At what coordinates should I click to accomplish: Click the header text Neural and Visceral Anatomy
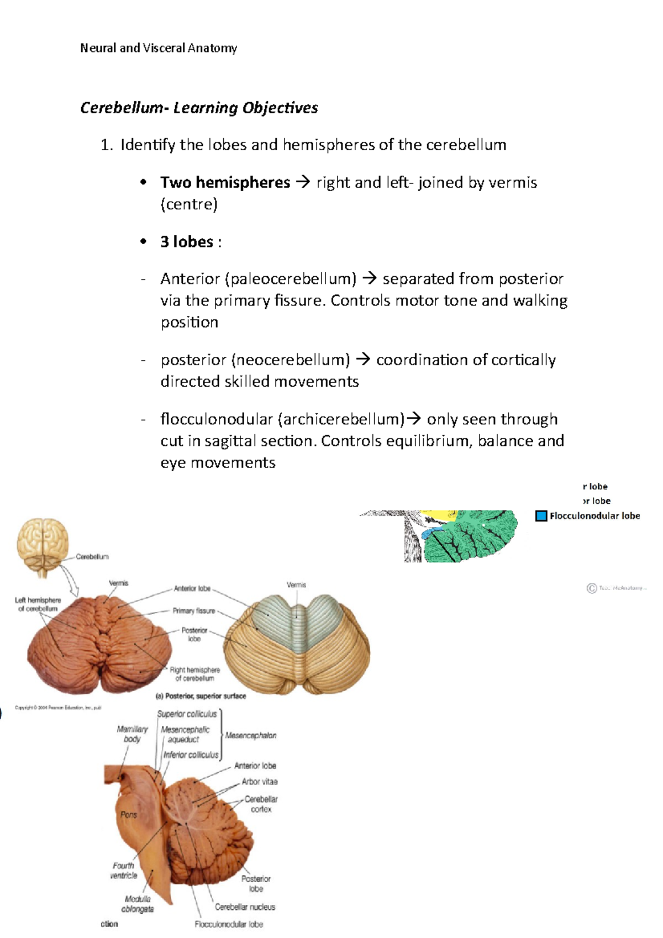coord(159,48)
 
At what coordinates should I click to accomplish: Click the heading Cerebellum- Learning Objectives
coord(199,108)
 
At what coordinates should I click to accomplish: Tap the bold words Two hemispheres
coord(225,182)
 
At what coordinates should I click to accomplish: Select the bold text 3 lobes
coord(187,242)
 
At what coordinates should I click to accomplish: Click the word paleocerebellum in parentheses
coord(291,279)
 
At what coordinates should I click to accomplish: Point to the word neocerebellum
coord(291,360)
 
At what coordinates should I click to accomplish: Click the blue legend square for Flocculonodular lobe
coord(541,516)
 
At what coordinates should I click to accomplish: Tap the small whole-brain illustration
coord(43,544)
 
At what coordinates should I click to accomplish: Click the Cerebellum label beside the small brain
coord(92,557)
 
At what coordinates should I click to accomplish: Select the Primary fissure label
coord(193,611)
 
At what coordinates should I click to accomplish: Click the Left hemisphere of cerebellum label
coord(38,604)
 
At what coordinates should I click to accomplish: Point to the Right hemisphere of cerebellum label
coord(194,674)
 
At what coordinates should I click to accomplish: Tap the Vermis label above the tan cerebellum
coord(296,585)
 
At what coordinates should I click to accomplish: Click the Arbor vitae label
coord(260,782)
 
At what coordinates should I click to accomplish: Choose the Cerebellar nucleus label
coord(245,907)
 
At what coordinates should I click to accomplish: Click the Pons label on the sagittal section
coord(129,815)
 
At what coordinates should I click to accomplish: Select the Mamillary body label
coord(132,734)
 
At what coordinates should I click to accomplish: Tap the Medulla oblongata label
coord(138,904)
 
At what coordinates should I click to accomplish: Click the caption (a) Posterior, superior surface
coord(201,696)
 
